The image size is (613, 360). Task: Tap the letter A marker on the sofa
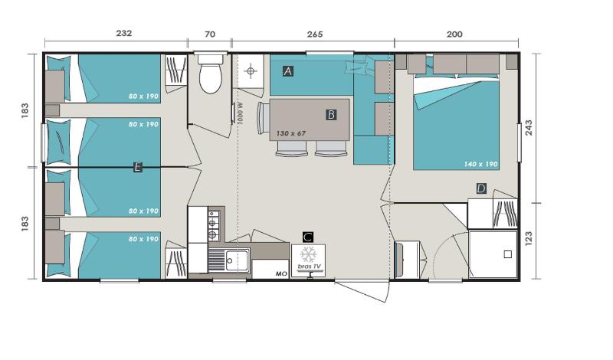288,71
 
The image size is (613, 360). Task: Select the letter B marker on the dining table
331,115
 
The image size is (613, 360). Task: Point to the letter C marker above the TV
308,237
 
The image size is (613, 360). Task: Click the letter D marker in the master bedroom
481,188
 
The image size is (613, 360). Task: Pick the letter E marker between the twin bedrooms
137,167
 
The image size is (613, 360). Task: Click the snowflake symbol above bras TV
309,254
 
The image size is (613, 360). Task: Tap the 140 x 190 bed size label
481,164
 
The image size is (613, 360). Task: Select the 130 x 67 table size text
291,133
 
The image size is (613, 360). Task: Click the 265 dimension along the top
315,34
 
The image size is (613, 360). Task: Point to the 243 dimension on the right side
529,127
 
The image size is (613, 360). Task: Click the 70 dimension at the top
210,34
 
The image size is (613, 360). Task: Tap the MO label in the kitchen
281,273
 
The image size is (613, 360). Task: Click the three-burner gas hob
214,224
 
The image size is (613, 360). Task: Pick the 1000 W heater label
240,113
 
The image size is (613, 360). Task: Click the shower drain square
507,254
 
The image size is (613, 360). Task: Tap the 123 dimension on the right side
529,238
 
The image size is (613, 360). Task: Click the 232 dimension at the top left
123,33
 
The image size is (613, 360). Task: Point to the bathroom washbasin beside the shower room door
406,260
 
